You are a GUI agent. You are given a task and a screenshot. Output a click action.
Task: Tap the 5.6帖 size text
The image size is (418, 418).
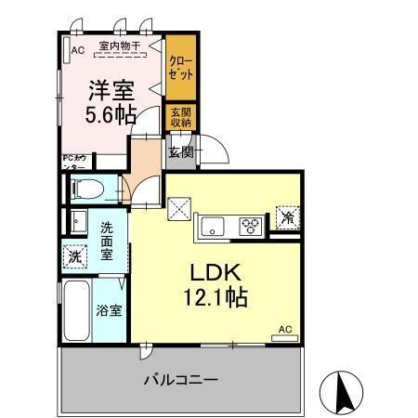click(111, 114)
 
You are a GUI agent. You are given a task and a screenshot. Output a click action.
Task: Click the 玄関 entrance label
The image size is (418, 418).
click(180, 152)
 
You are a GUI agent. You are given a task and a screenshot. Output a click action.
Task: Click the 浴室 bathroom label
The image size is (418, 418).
click(109, 310)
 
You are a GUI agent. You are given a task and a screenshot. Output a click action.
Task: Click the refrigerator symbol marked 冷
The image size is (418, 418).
click(287, 219)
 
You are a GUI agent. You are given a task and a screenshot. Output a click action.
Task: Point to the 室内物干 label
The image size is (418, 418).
click(118, 45)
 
